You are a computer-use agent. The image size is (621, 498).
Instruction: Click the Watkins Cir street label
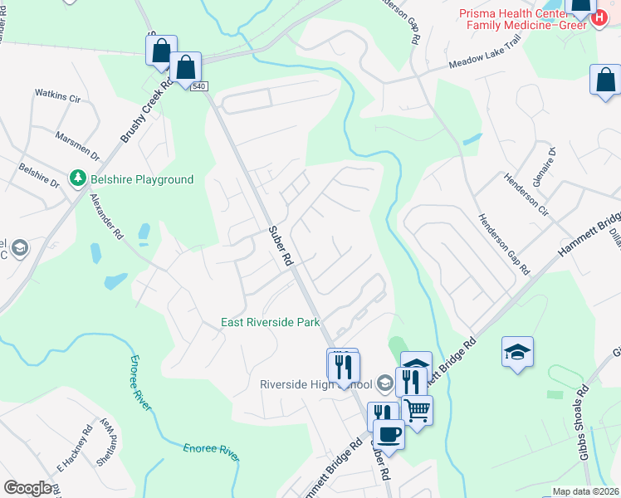[56, 98]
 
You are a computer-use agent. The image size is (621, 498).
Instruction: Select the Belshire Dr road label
[39, 177]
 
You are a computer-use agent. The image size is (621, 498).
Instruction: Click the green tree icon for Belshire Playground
[76, 179]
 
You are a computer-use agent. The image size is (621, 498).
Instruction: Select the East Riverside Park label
[270, 322]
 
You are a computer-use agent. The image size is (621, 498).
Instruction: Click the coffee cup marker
[389, 432]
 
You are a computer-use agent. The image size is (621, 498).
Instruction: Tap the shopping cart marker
[417, 409]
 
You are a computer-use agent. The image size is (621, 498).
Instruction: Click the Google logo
[27, 488]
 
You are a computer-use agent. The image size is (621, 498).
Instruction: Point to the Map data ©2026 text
[586, 491]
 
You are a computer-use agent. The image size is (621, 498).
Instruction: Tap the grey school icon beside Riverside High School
[384, 384]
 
